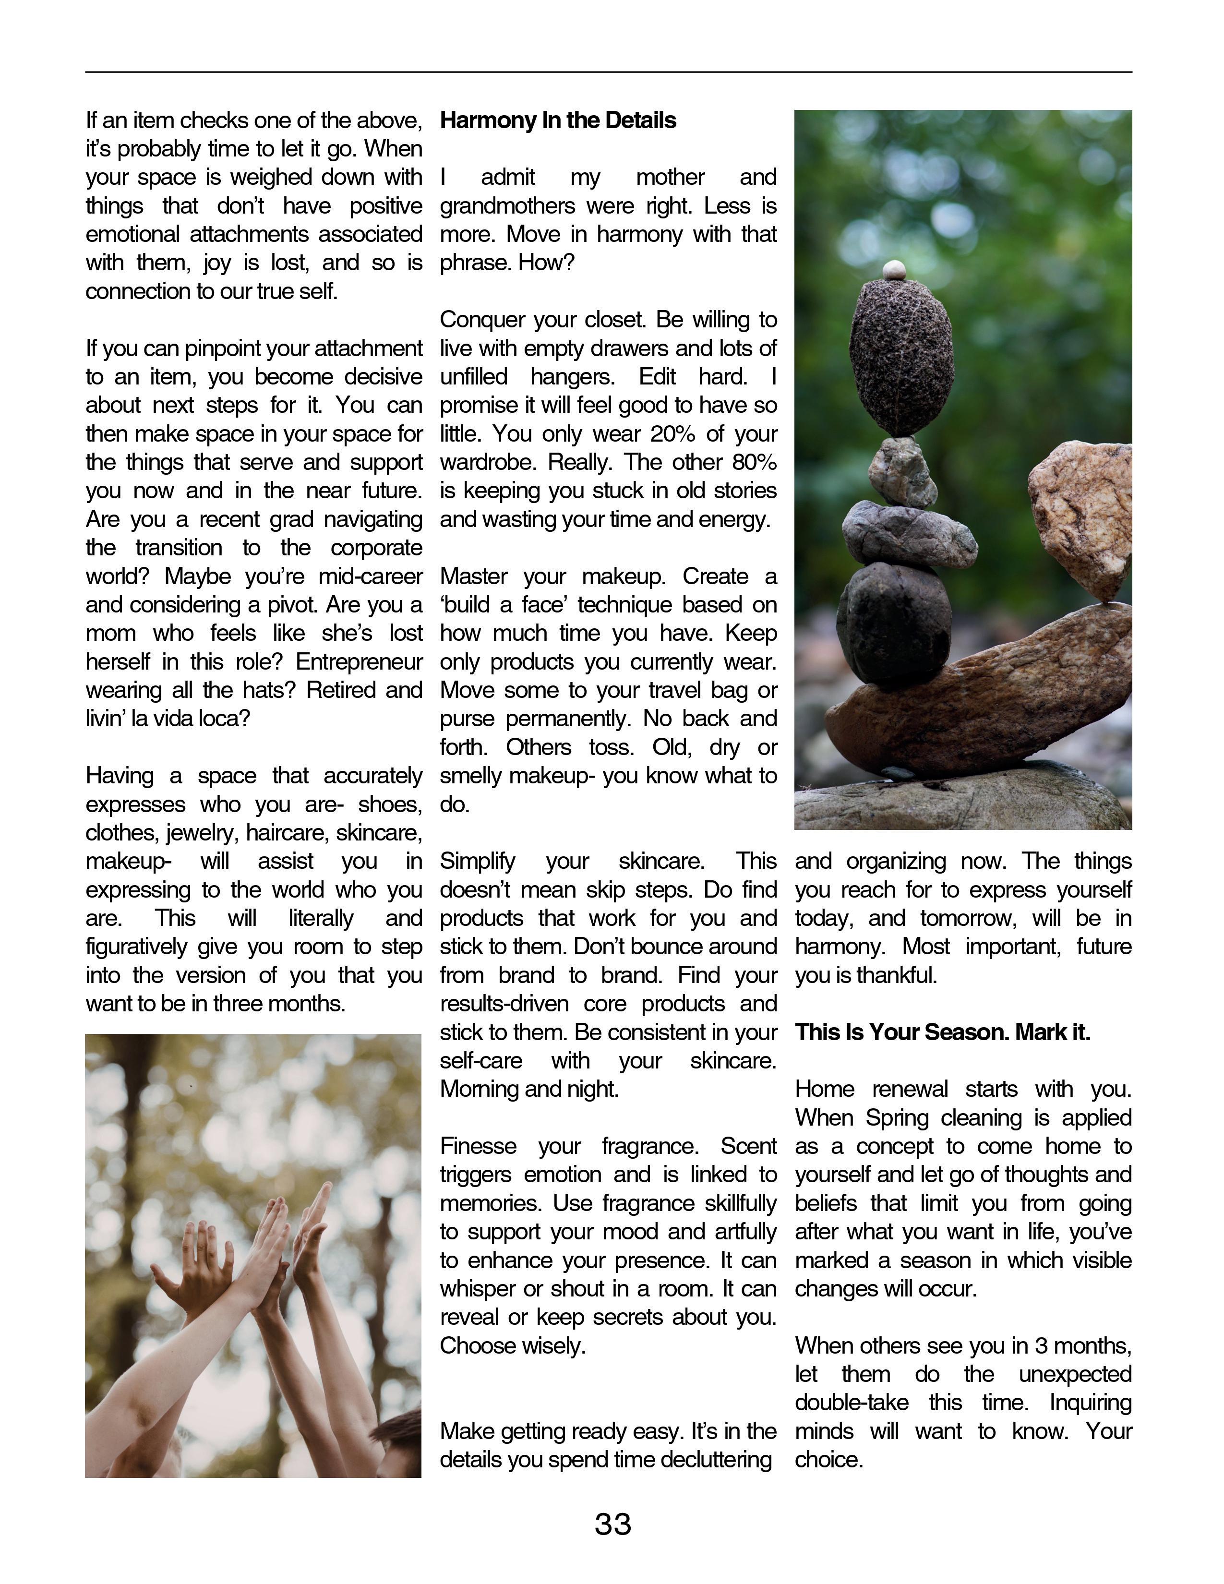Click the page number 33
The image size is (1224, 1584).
[613, 1524]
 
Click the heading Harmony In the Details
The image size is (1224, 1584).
[558, 120]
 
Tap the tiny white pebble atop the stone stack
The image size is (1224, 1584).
[894, 270]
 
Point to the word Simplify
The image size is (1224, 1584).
[477, 861]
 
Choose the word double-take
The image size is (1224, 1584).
[852, 1402]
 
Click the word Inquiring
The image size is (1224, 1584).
[1090, 1402]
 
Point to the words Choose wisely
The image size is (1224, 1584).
[512, 1345]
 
